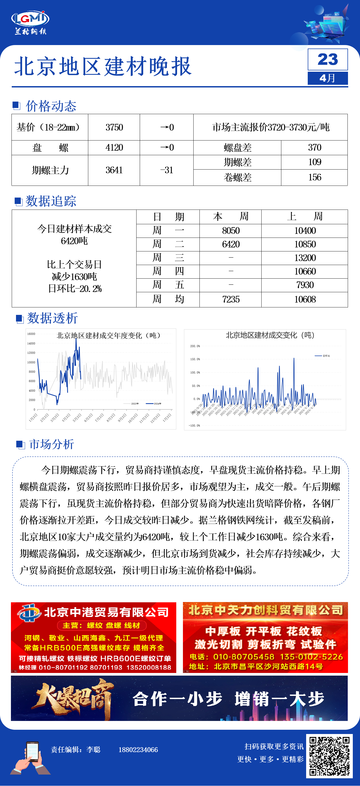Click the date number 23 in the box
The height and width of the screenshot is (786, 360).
coord(328,59)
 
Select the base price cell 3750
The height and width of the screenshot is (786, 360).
coord(114,127)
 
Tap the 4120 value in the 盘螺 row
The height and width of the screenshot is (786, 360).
coord(114,148)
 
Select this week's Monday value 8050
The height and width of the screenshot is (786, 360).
coord(231,231)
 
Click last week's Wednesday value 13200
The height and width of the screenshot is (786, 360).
coord(305,258)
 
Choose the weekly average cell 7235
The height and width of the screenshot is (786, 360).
coord(231,299)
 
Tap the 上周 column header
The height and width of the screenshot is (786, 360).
coord(305,217)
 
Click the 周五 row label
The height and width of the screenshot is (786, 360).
coord(168,285)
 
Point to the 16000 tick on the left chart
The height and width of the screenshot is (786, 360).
coord(31,334)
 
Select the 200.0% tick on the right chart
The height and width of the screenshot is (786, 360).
coord(195,346)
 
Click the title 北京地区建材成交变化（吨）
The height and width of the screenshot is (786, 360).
coord(270,335)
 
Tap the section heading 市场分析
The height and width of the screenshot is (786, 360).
coord(51,444)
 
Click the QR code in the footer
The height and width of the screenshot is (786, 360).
coord(329,756)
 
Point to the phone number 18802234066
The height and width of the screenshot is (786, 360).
coord(138,750)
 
